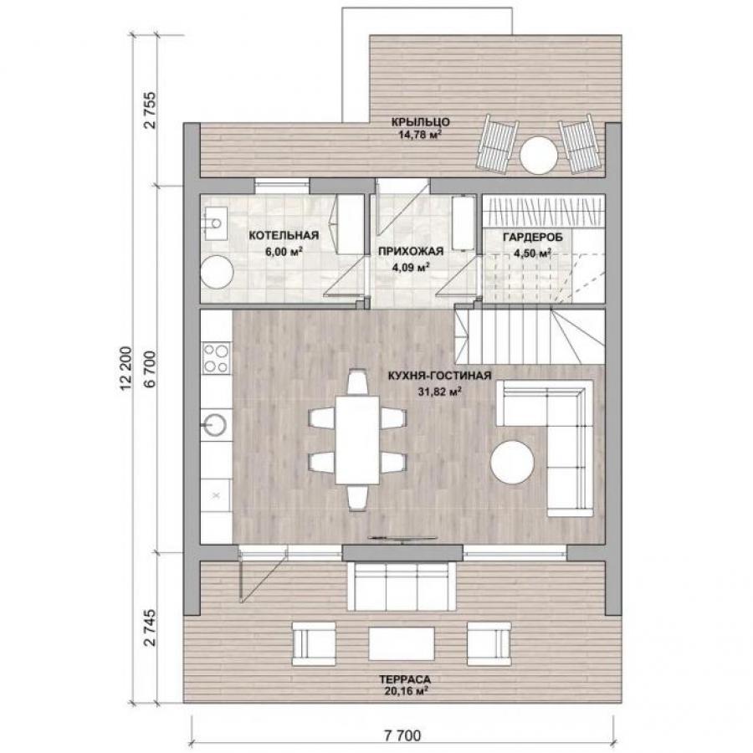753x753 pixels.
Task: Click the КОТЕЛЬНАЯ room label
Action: [x=284, y=235]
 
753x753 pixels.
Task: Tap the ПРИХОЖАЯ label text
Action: [x=411, y=251]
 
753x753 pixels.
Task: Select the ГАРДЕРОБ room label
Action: [x=532, y=238]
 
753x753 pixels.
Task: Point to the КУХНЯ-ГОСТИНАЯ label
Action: [x=439, y=376]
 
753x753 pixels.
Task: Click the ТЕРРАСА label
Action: [x=404, y=679]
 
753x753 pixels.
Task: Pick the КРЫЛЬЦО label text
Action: [x=420, y=122]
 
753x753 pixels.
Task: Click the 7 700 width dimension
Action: [x=402, y=735]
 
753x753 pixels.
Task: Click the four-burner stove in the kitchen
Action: [x=216, y=358]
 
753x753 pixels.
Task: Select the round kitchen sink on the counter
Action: [x=215, y=424]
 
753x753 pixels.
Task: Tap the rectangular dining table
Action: [x=357, y=439]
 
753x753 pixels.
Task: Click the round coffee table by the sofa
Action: [x=512, y=463]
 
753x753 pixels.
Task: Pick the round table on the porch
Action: [x=539, y=155]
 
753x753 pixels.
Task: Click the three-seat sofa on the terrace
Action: [x=401, y=586]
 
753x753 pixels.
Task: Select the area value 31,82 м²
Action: [x=440, y=392]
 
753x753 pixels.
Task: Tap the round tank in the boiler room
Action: [x=217, y=272]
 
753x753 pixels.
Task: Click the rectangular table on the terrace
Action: [x=402, y=643]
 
